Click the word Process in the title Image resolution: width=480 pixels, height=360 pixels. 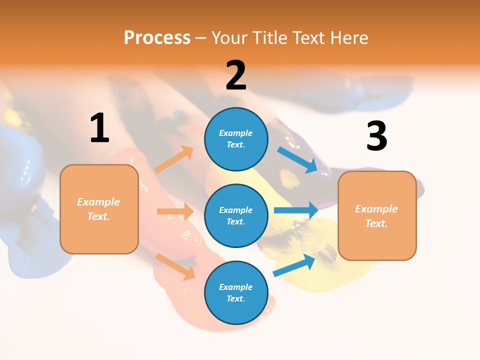pos(157,38)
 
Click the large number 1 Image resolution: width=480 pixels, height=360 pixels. pos(99,128)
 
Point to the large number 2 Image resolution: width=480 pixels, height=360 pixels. pos(236,75)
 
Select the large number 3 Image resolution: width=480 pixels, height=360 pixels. pos(376,136)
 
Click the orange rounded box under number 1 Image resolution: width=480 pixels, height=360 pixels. pos(99,209)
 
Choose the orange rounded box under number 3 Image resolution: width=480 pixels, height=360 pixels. pos(377,215)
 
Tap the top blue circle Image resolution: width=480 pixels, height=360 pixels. pos(236,139)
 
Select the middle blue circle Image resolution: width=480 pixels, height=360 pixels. pos(236,215)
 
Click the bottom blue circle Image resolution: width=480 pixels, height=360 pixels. pos(236,292)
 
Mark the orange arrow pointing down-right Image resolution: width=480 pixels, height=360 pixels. pos(175,266)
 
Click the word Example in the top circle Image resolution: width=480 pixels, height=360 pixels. pos(236,133)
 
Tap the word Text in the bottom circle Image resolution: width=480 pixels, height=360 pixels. pos(235,298)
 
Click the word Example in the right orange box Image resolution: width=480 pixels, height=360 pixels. pos(376,209)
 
